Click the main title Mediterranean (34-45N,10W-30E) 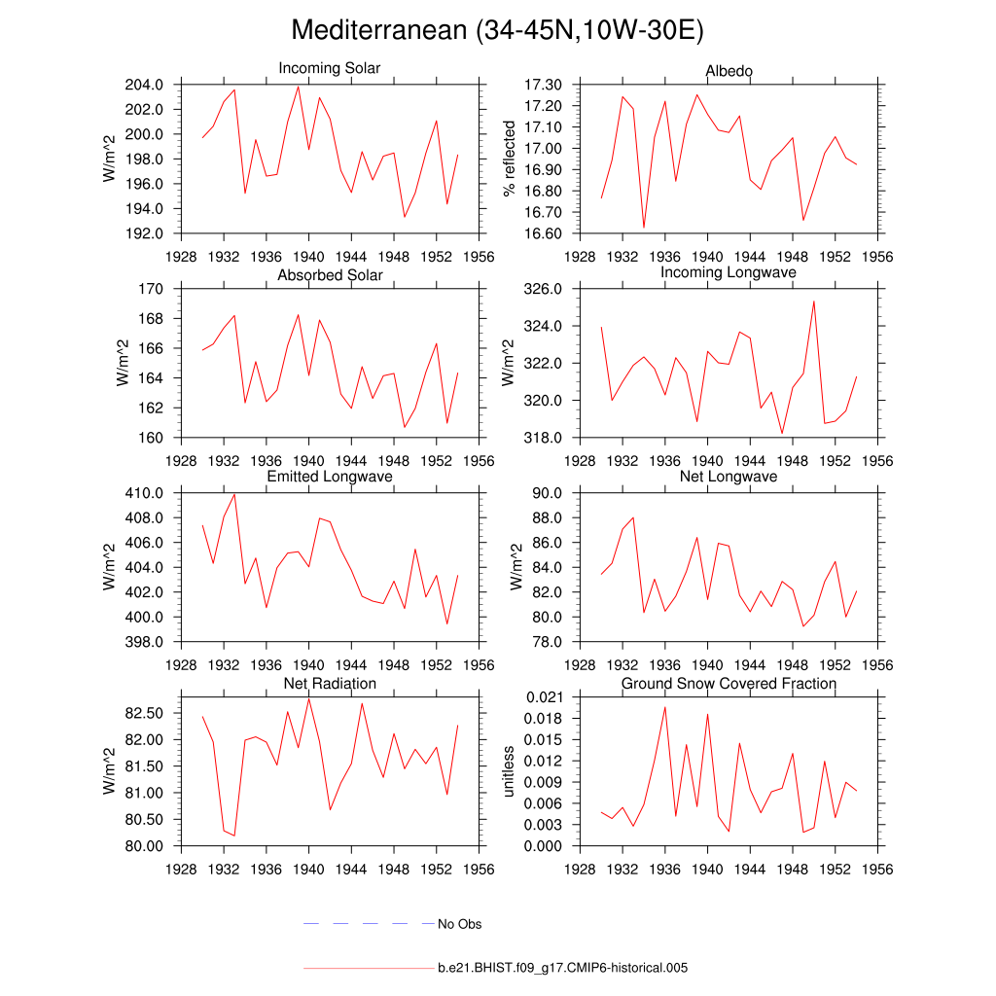[497, 31]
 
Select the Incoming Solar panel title [330, 69]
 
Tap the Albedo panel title [729, 71]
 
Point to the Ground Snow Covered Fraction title [729, 684]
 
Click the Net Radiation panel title [330, 684]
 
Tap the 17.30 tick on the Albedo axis [543, 85]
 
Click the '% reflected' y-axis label [508, 159]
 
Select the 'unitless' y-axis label [508, 771]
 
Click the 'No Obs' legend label [459, 924]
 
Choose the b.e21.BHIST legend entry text [562, 969]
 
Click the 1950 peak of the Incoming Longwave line [814, 302]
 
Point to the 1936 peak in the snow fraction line [665, 707]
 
